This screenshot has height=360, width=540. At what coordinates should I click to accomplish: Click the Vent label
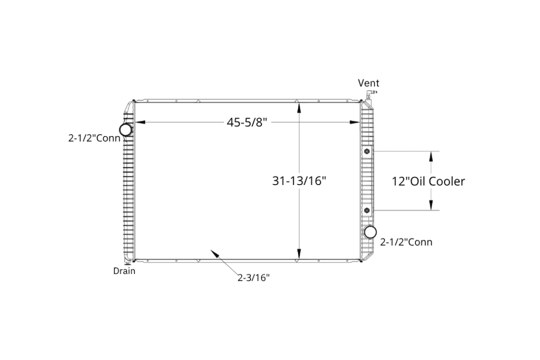368,83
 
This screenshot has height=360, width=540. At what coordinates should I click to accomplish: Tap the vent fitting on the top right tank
371,93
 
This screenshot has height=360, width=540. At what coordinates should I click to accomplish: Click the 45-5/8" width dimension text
247,122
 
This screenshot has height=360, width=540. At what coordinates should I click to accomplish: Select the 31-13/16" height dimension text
299,181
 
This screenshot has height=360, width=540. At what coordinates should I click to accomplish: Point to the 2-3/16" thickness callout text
254,277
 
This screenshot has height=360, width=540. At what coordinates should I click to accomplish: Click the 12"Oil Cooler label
428,181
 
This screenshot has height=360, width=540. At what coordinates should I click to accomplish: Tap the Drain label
124,271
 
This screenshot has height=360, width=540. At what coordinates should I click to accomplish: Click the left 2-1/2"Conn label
94,138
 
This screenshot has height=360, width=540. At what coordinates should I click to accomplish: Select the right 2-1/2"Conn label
406,242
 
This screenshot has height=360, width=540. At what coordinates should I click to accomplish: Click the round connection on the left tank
126,130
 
